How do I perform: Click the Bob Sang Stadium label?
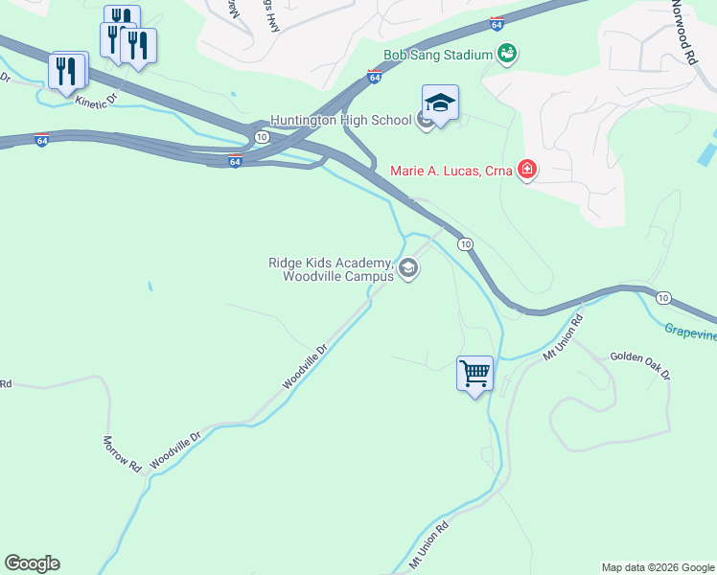[x=437, y=55]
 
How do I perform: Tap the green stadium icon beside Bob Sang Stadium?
[x=507, y=55]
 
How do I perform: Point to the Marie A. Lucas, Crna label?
[x=451, y=172]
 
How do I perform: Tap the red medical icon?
[x=526, y=172]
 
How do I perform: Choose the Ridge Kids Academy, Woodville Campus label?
[x=330, y=269]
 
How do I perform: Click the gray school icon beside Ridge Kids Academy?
[x=408, y=269]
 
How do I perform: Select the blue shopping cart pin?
[x=474, y=374]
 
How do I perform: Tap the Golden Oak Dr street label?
[x=640, y=365]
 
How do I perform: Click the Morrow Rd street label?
[x=122, y=452]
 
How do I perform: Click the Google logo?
[x=32, y=563]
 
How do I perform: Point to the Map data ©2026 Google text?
[x=657, y=567]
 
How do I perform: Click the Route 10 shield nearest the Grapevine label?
[x=662, y=297]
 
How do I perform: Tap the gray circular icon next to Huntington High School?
[x=426, y=120]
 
